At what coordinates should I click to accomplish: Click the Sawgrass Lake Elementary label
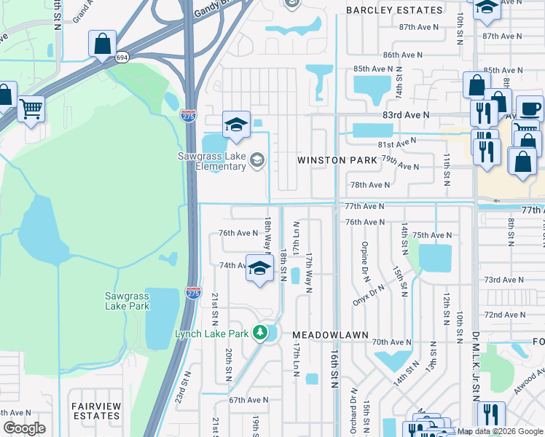[212, 161]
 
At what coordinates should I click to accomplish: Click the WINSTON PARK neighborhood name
[337, 160]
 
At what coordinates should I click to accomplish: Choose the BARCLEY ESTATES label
[393, 10]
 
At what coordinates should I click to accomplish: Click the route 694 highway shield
[122, 55]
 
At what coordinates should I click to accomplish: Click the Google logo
[24, 428]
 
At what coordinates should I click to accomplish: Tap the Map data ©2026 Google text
[500, 431]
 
